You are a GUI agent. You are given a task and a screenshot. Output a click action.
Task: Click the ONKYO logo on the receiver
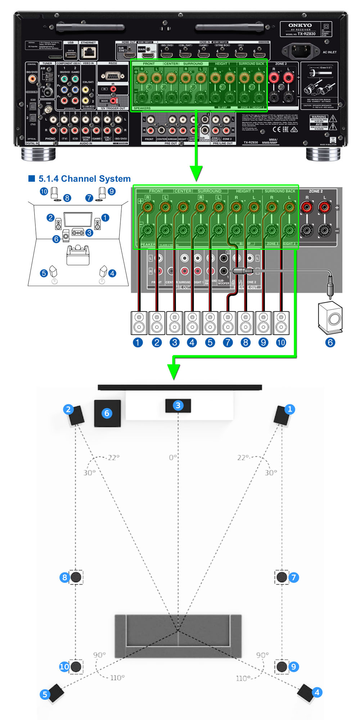[x=300, y=25]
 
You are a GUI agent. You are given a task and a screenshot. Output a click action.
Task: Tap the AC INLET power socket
[x=301, y=51]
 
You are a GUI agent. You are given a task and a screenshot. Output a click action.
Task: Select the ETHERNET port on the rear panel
[x=89, y=53]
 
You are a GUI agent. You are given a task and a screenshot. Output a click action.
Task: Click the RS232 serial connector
[x=113, y=75]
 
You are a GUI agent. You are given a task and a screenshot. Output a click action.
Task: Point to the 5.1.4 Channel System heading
[x=84, y=179]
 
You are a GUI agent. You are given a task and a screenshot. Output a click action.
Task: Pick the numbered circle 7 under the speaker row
[x=228, y=342]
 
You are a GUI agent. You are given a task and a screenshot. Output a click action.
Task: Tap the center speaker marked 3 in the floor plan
[x=178, y=406]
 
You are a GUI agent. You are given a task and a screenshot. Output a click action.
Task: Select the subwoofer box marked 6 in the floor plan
[x=107, y=413]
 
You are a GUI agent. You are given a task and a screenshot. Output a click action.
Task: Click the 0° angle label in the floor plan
[x=173, y=457]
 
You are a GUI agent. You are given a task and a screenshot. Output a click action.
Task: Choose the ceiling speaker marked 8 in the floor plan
[x=76, y=577]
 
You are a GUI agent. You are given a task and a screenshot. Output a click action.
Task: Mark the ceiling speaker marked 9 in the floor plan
[x=282, y=666]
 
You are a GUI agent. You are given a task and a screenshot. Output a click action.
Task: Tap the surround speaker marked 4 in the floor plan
[x=306, y=692]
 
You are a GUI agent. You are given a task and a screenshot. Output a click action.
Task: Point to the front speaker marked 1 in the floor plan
[x=282, y=415]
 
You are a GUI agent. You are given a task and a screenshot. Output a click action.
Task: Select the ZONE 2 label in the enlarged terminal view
[x=316, y=191]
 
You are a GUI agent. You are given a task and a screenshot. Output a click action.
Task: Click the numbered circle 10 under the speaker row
[x=281, y=342]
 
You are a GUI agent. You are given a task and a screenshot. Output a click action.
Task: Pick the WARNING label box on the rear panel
[x=319, y=117]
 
